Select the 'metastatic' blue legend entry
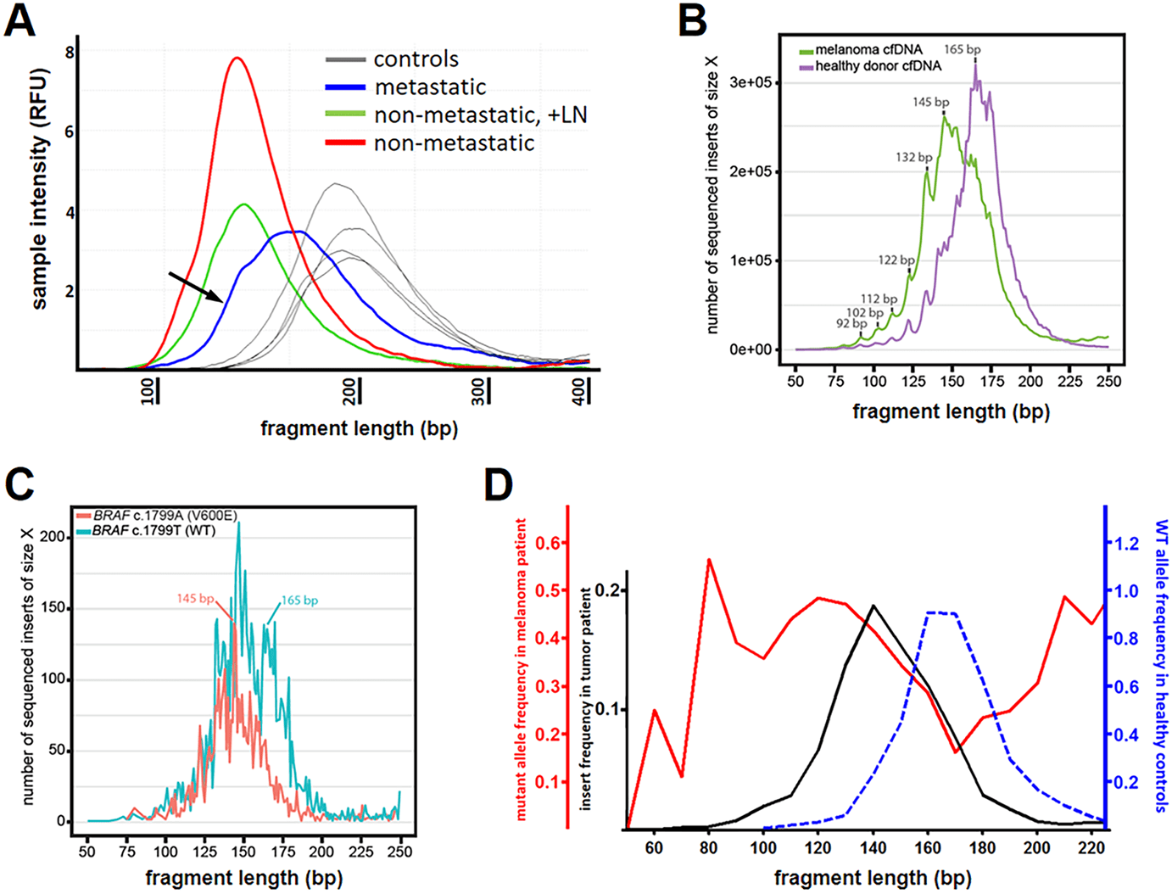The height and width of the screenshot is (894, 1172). [x=430, y=87]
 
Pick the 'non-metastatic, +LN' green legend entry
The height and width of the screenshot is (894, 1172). [x=480, y=115]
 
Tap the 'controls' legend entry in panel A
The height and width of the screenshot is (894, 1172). [x=416, y=59]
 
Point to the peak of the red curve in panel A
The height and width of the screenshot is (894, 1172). [x=237, y=59]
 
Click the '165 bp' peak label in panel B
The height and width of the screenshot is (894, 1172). [x=963, y=50]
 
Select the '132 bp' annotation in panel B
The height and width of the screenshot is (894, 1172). [x=913, y=158]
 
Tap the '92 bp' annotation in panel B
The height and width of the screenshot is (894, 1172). [x=851, y=324]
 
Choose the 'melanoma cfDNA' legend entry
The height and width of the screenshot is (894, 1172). [x=868, y=50]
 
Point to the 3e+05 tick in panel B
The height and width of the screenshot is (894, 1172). [x=751, y=83]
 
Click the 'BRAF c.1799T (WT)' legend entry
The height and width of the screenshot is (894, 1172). [x=153, y=531]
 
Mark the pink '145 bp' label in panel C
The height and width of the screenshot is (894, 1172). [x=195, y=599]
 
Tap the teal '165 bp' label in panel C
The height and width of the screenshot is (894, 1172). [x=299, y=601]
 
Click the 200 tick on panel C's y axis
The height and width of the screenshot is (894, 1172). [x=54, y=537]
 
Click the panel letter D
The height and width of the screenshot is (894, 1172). [x=498, y=485]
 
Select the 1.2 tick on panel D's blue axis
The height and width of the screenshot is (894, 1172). [x=1127, y=543]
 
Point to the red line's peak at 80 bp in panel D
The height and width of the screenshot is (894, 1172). [x=708, y=560]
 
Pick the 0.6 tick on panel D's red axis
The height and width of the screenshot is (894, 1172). [x=553, y=543]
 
